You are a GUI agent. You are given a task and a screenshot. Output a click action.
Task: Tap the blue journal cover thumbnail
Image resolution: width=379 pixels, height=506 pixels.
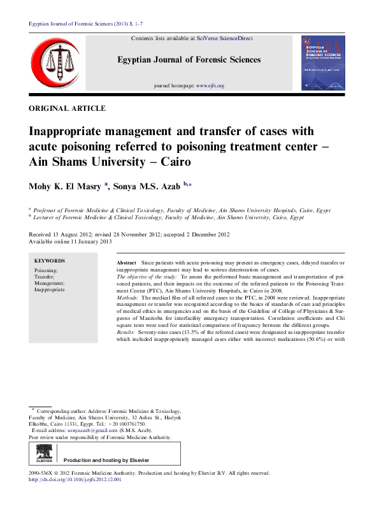click(322, 63)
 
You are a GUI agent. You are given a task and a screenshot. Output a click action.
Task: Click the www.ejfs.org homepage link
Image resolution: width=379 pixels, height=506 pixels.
click(210, 85)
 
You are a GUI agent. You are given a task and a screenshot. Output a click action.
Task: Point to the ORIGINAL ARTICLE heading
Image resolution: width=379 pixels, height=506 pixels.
click(68, 109)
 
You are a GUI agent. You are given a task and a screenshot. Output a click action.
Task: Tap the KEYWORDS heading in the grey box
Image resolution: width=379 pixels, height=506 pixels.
click(49, 261)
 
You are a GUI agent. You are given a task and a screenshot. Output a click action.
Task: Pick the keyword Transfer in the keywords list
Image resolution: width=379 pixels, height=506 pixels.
click(45, 277)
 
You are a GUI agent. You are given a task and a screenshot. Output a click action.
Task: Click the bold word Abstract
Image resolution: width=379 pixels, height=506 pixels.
click(127, 263)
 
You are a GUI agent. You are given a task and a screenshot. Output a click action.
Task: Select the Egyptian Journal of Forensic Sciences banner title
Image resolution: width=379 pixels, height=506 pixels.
click(189, 60)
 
